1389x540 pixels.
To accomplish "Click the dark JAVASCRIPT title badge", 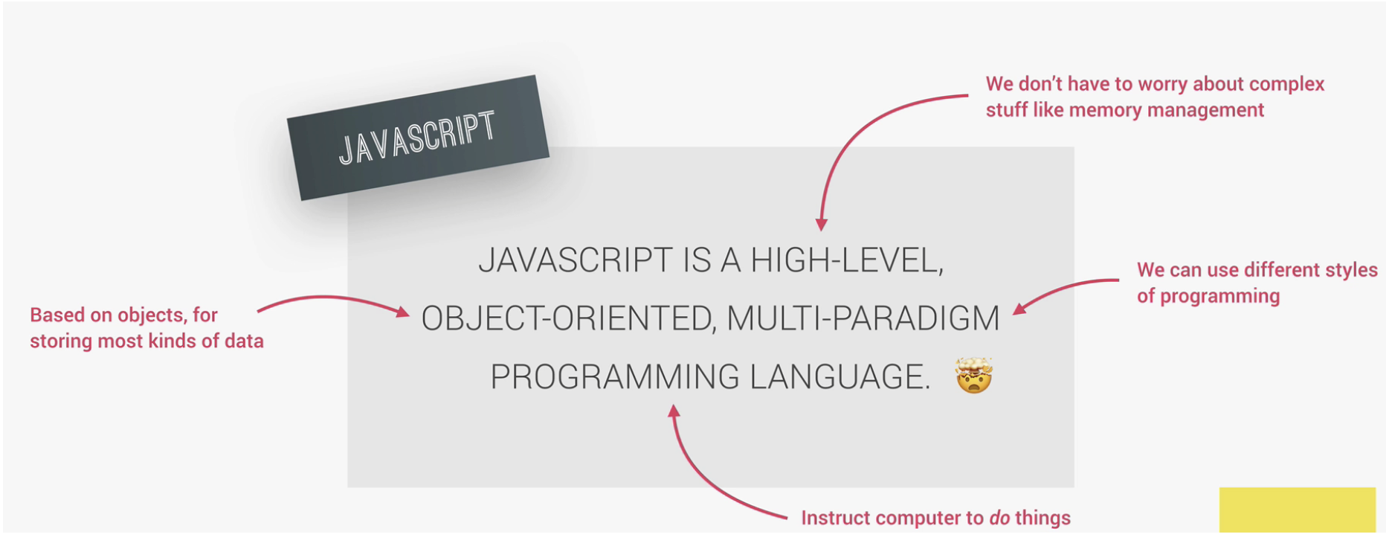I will [x=418, y=138].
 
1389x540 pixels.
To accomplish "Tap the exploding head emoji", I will [x=974, y=375].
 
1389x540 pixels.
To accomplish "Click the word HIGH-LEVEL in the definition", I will [x=847, y=260].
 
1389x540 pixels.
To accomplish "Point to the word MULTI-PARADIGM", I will [x=863, y=318].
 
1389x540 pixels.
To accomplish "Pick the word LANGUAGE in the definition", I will [x=839, y=376].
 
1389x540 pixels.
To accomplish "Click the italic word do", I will [x=999, y=518].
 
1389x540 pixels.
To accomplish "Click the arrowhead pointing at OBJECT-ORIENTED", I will [x=403, y=312].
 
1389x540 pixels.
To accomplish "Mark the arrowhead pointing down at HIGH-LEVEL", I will [x=821, y=225].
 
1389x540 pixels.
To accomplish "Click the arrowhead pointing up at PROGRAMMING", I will [x=674, y=411].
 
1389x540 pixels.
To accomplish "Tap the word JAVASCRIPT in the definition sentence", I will [x=576, y=260].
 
